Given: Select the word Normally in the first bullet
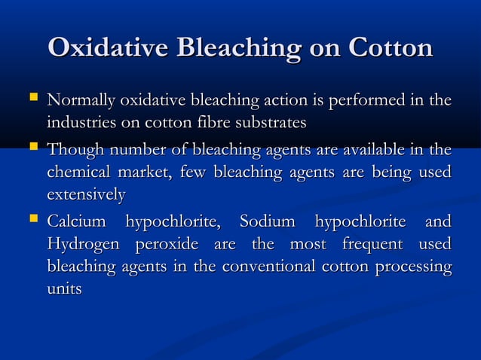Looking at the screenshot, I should pos(75,100).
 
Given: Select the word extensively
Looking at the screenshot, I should pos(85,194).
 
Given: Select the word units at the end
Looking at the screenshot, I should pos(63,288).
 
